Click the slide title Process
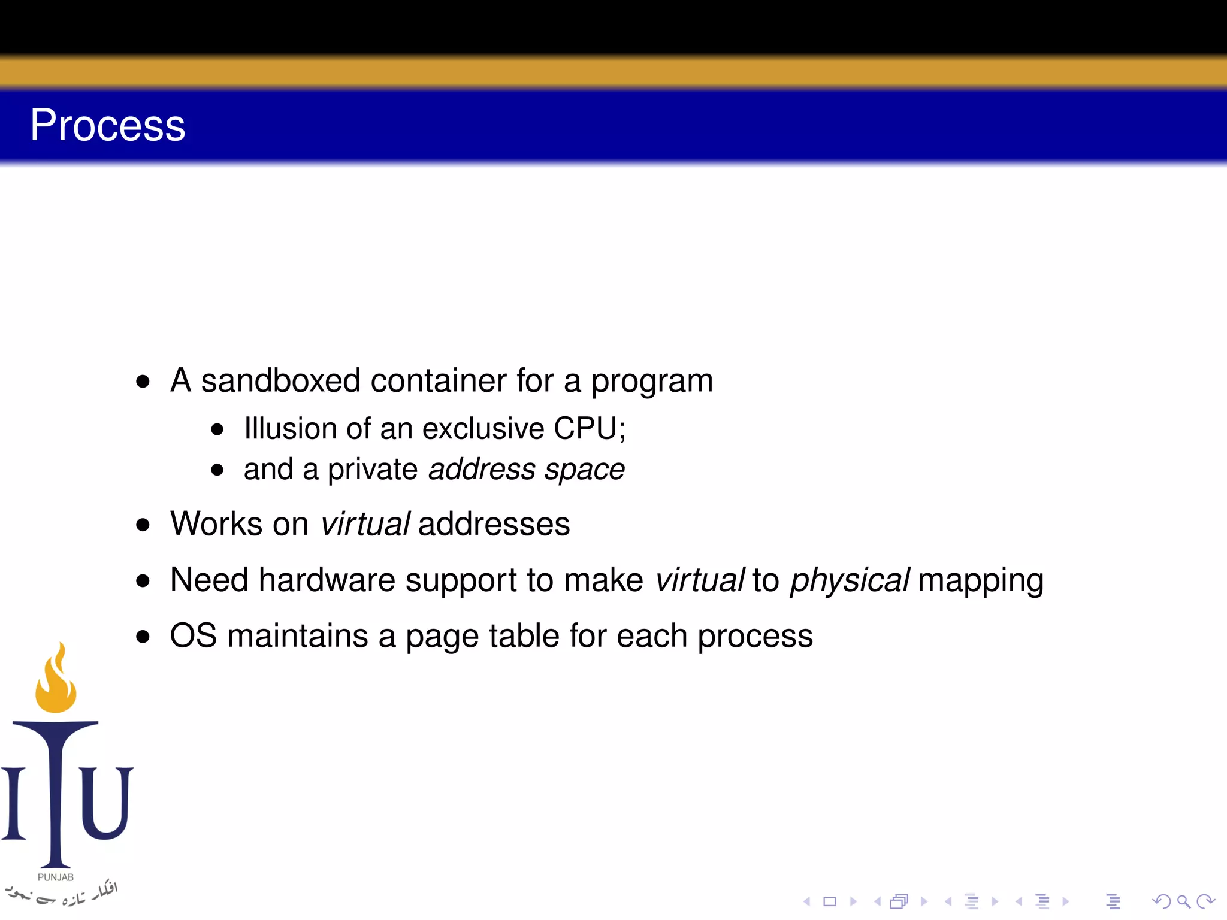(108, 126)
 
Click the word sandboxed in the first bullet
(280, 381)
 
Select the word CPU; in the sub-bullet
(590, 429)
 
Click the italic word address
(482, 470)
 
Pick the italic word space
(585, 470)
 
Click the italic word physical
(850, 580)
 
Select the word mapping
(980, 580)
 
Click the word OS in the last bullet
(193, 636)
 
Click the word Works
(216, 524)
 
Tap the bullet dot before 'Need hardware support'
(143, 581)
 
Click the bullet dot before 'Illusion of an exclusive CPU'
(217, 429)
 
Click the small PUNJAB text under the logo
(56, 877)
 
